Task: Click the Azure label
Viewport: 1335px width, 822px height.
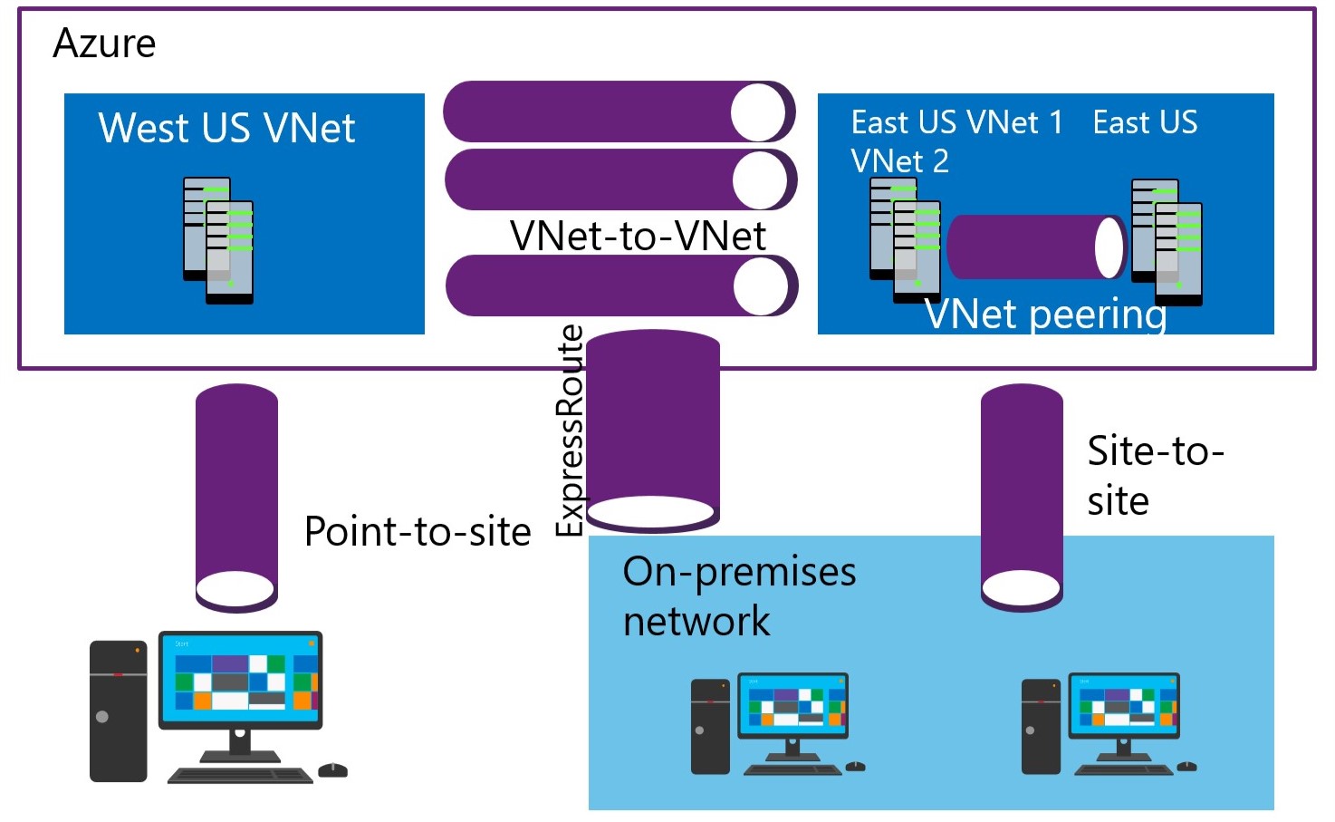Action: (x=104, y=44)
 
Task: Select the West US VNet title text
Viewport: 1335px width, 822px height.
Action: (x=226, y=128)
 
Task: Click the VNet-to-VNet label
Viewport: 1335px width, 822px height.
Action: (x=638, y=236)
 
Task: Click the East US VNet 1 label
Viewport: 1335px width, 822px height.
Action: (x=956, y=122)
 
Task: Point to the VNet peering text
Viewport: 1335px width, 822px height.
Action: (x=1045, y=314)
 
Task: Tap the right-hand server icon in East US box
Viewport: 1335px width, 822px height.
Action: (x=1167, y=242)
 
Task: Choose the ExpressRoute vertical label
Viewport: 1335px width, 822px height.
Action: (x=570, y=430)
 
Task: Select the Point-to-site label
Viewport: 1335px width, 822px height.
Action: (x=418, y=531)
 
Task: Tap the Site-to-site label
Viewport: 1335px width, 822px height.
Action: (x=1155, y=475)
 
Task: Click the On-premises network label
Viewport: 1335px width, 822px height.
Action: (x=739, y=595)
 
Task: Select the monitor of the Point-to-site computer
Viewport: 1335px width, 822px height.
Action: (x=240, y=680)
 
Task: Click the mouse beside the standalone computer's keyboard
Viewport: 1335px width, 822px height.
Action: (x=332, y=769)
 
